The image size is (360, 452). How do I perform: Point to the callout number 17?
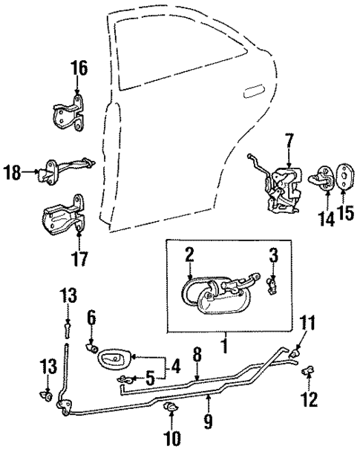click(79, 259)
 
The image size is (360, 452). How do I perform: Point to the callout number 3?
click(272, 257)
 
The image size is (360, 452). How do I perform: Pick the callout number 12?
click(309, 401)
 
